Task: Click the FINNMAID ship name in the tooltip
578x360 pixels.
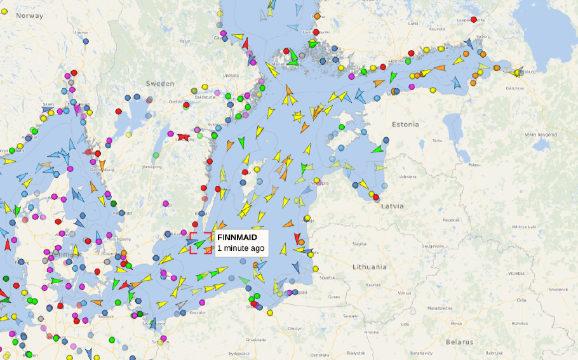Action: click(x=237, y=237)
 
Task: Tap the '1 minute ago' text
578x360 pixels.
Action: click(x=241, y=248)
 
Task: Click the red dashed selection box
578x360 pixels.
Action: click(x=201, y=243)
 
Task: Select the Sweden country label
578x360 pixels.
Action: click(x=159, y=83)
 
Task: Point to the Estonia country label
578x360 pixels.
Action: click(x=406, y=124)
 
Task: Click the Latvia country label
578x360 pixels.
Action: click(x=393, y=206)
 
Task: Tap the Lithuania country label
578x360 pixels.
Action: click(x=370, y=267)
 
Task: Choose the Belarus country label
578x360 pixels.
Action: click(x=459, y=342)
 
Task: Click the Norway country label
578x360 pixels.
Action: click(x=29, y=15)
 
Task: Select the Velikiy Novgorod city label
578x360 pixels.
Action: click(x=540, y=135)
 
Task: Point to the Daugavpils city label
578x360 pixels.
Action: click(x=432, y=245)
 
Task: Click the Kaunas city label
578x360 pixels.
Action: click(x=373, y=285)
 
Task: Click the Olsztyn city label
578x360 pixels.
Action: click(x=295, y=328)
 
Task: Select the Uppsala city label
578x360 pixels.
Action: click(x=231, y=75)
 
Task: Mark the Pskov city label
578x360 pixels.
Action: click(x=474, y=164)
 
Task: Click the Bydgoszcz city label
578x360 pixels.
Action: click(x=240, y=352)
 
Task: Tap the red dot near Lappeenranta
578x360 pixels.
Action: click(x=473, y=20)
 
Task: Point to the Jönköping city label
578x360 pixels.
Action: click(x=152, y=167)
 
